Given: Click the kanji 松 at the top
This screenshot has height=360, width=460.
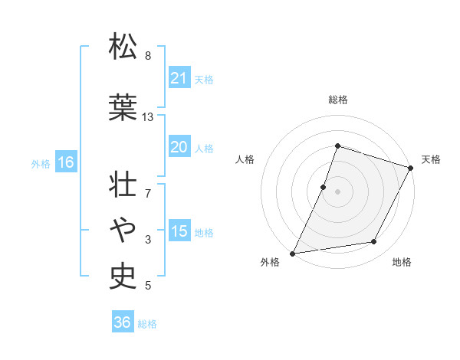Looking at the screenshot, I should point(123,47).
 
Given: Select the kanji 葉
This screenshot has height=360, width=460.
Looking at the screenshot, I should point(123,107).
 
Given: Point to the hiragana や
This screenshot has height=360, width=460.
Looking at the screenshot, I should point(123,227).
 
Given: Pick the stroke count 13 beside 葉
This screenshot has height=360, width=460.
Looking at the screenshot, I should point(148,117).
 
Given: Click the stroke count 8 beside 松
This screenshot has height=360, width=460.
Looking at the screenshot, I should point(148,56).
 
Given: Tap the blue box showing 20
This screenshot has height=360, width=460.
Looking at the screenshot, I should point(179,147).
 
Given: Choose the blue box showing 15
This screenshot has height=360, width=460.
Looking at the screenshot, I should point(179,231).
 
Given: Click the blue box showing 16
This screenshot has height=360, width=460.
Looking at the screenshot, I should point(65,162).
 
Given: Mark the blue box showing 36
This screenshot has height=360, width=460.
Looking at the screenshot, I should point(122,322).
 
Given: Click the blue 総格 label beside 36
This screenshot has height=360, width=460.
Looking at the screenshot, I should point(148,324).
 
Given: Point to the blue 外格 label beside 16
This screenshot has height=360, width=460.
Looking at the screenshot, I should point(41,163).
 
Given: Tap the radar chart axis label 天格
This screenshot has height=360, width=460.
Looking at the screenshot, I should point(431,159).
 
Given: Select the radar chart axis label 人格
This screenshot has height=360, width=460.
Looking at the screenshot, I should point(245,159).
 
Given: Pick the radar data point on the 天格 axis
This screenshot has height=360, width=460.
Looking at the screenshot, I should point(411,168).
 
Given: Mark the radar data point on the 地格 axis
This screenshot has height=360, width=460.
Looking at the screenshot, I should point(374,242).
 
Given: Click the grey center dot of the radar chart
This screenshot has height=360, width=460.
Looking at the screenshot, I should point(337,191).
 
